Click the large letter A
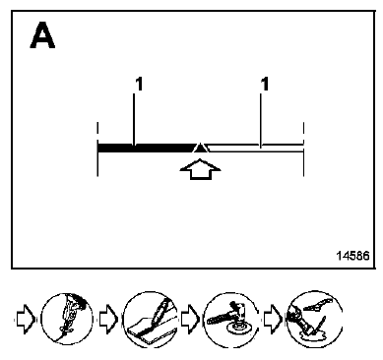point(42,35)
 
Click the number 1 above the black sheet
point(139,84)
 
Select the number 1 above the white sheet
point(265,84)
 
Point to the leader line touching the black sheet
point(134,119)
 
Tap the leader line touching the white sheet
point(261,121)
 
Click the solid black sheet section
point(146,148)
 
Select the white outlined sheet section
point(255,148)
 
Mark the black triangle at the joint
point(200,148)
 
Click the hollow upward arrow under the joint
point(200,169)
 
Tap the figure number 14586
point(352,256)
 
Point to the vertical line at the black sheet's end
point(97,150)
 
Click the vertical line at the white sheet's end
point(303,150)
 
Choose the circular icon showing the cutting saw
point(67,319)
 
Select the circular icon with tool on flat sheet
point(151,319)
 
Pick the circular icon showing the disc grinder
point(231,319)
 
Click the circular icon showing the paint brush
point(314,319)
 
